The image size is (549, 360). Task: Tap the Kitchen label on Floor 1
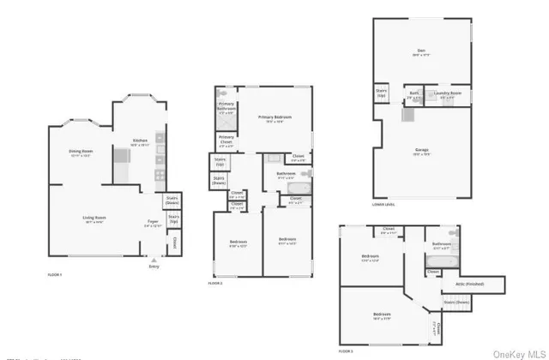(140, 142)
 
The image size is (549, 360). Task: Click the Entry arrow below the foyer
(154, 260)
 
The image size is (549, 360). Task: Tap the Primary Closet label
(226, 140)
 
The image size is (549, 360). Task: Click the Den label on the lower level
(422, 51)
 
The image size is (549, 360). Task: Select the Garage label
(422, 153)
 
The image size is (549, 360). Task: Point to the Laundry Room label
(447, 96)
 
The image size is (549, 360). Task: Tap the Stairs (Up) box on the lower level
(382, 93)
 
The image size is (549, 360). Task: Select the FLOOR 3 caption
(347, 351)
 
